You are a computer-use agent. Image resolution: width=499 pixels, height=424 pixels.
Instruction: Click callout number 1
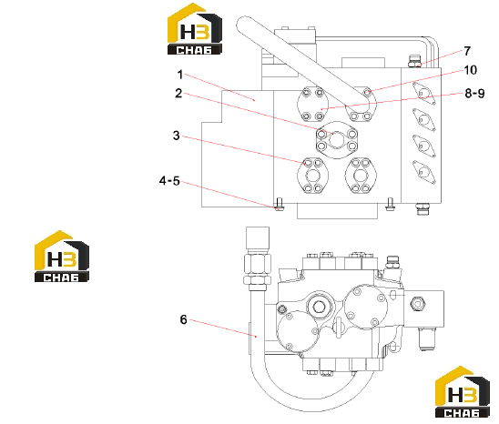pos(180,75)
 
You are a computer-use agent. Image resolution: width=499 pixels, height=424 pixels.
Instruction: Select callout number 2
pos(178,93)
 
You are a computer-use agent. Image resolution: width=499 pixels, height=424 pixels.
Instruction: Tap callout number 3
pos(177,136)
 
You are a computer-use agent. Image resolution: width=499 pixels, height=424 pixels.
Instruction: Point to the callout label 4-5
pos(169,181)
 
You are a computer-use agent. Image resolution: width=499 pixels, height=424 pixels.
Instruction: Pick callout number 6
pos(183,319)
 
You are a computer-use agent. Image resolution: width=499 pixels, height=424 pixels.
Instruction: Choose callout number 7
pos(467,51)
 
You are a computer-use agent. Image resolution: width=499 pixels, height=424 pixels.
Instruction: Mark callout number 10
pos(471,70)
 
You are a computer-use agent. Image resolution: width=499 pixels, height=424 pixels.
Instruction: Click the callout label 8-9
pos(474,93)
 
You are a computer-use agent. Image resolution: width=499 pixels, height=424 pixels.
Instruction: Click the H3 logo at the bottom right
pos(462,391)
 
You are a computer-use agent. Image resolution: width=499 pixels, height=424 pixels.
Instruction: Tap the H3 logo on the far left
pos(61,256)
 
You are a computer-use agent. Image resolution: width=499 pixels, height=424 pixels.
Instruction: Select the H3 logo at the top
pos(195,28)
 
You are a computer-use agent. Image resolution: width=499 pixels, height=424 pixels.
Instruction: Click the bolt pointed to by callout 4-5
pos(280,204)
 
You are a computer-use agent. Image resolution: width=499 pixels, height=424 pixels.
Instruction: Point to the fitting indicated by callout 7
pos(414,61)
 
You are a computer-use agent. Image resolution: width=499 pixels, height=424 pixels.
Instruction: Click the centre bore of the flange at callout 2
pos(336,140)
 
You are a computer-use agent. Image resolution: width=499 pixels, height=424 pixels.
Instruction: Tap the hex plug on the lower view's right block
pos(418,304)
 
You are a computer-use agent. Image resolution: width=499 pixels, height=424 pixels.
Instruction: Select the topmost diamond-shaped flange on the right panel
pos(423,94)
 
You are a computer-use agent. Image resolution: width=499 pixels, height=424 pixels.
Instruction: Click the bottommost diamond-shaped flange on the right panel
pos(423,172)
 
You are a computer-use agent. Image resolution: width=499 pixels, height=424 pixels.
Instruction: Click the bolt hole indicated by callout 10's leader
pos(367,93)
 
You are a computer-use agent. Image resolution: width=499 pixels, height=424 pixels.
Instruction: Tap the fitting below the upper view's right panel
pos(423,209)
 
